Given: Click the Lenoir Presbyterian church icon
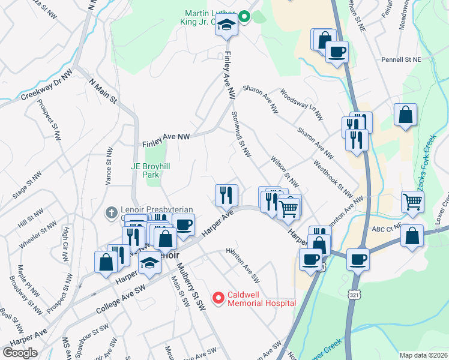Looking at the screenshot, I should pyautogui.click(x=110, y=212).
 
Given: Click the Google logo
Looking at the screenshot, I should pyautogui.click(x=20, y=353).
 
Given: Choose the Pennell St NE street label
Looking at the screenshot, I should pyautogui.click(x=402, y=60).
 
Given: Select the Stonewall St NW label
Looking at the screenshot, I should pyautogui.click(x=241, y=135).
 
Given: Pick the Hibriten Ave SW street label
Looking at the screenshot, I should pyautogui.click(x=243, y=265).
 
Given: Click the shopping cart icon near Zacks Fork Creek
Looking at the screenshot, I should pyautogui.click(x=412, y=202).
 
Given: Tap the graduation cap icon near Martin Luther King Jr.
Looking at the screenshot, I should pyautogui.click(x=227, y=26).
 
